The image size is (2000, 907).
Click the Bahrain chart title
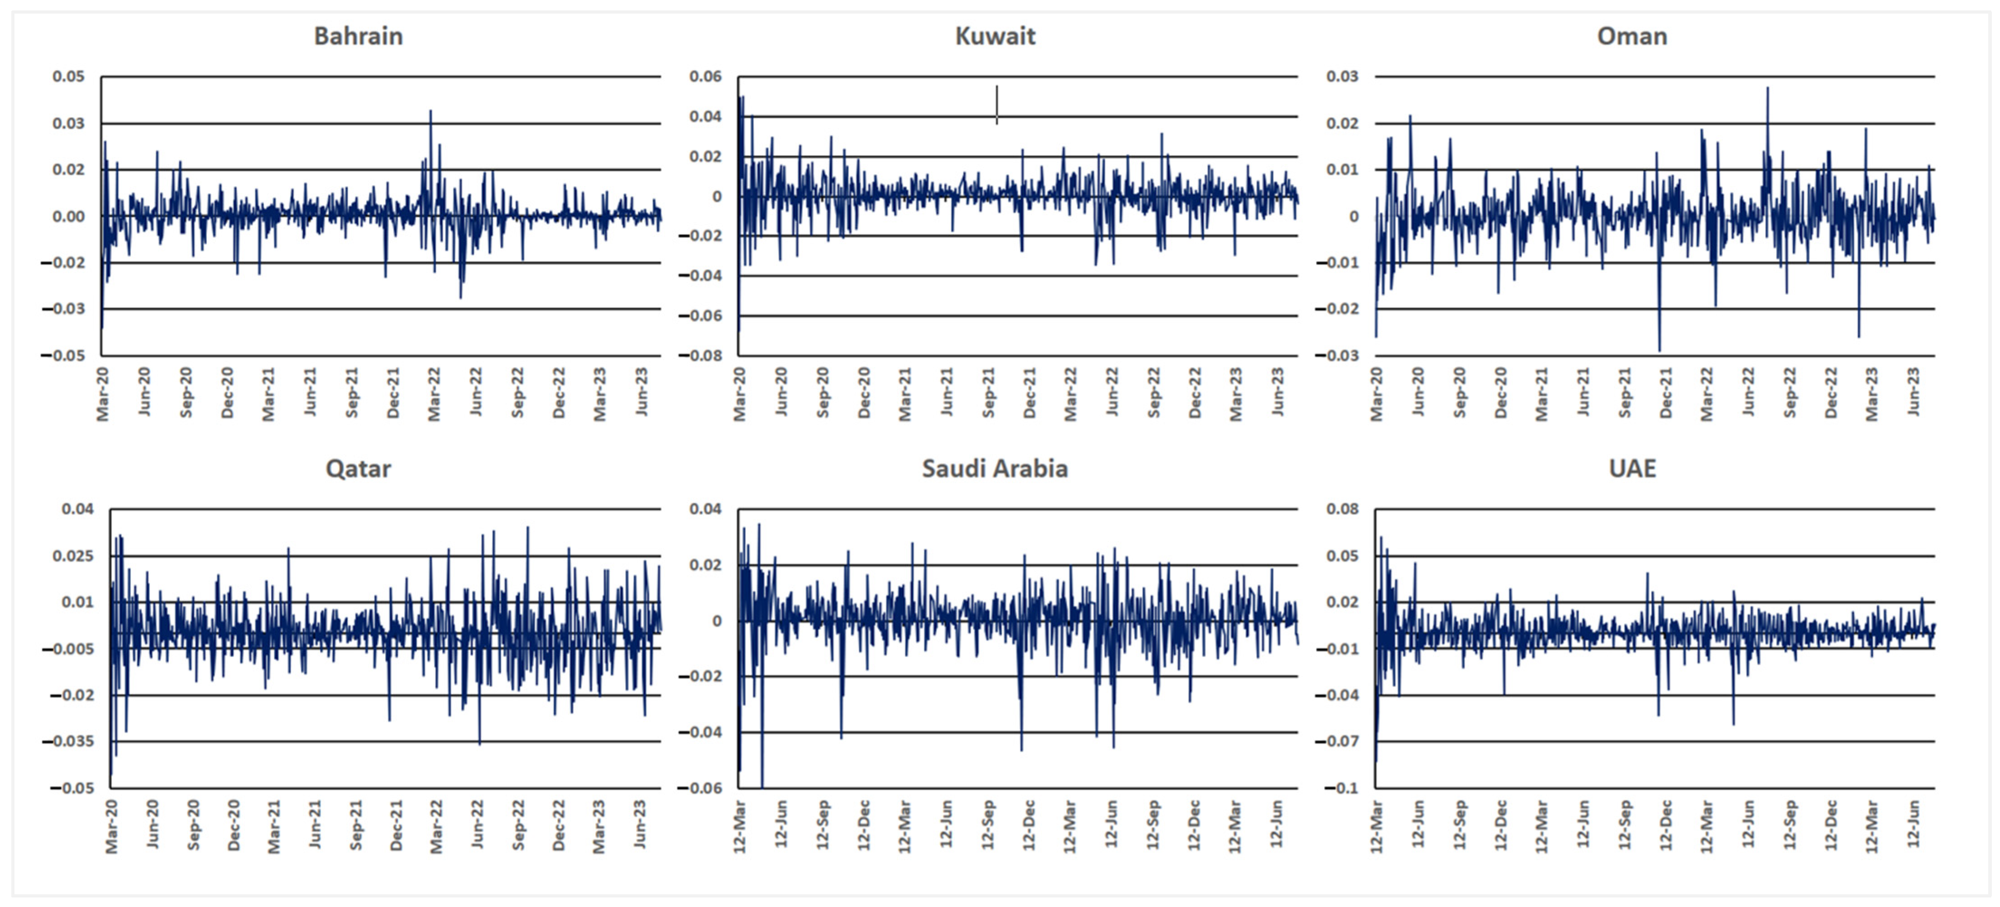coord(358,37)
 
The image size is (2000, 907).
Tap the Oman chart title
coord(1632,37)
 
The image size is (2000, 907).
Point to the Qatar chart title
coord(358,469)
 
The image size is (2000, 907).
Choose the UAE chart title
coord(1632,469)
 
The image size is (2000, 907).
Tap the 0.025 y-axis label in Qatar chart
coord(72,556)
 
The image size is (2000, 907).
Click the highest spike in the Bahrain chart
coord(431,111)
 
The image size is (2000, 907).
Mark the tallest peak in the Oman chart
coord(1768,88)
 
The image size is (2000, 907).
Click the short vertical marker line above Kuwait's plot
coord(997,104)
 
